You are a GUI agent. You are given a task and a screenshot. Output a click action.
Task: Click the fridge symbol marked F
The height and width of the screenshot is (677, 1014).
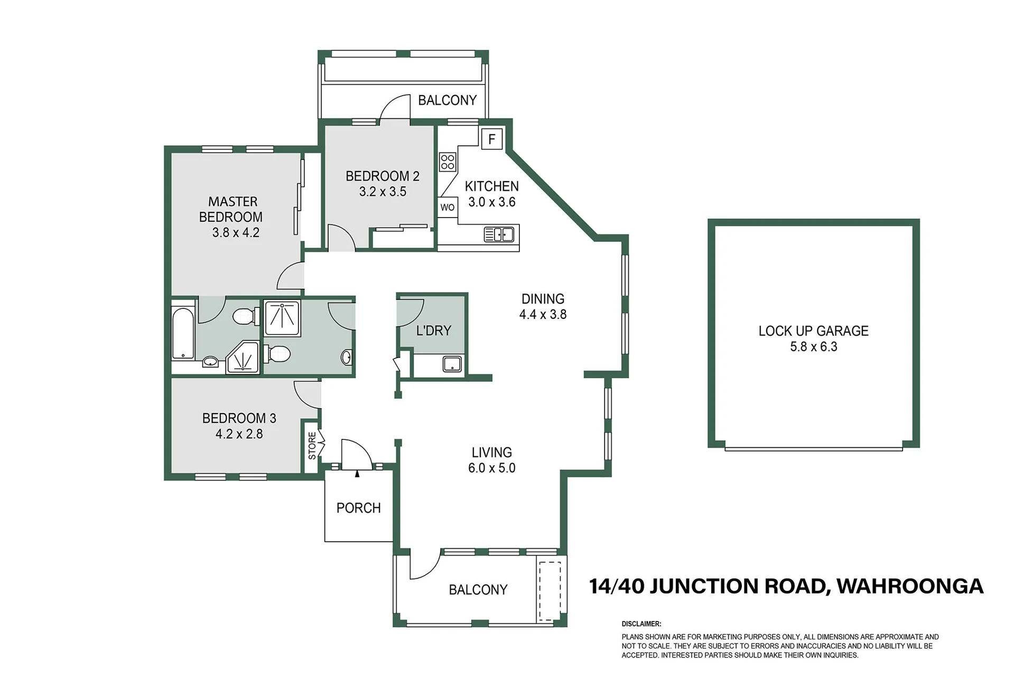pos(492,139)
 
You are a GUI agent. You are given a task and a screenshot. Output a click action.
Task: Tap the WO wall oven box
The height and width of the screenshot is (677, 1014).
pos(448,208)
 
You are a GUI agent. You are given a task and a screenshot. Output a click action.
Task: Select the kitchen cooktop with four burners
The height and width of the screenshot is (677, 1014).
pos(448,162)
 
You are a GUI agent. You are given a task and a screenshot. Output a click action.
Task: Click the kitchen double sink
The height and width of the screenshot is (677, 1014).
pos(499,234)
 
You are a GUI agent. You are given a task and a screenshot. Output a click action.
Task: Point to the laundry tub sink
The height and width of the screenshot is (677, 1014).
pos(452,364)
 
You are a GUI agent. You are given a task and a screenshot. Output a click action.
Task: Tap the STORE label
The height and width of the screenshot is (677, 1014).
pos(312,446)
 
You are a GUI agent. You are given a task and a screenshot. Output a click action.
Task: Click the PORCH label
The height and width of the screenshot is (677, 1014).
pos(359,508)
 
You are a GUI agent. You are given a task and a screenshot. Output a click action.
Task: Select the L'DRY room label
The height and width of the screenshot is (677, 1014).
pos(433,331)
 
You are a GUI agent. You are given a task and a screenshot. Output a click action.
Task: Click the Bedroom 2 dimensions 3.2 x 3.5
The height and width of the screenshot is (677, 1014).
pos(383,192)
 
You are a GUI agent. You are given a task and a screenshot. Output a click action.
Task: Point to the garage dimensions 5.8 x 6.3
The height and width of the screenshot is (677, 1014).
pos(814,347)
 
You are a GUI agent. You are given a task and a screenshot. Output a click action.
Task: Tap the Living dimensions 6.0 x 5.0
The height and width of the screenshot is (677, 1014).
pos(491,468)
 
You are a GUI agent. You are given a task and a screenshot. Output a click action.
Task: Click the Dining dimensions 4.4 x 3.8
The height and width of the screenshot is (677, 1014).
pos(543,314)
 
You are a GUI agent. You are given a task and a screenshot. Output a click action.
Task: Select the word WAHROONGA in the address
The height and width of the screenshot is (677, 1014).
pos(910,586)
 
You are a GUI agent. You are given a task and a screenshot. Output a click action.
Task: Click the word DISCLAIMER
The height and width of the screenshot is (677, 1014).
pos(641,624)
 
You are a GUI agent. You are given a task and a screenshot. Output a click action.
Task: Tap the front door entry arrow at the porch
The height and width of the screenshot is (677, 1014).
pos(357,474)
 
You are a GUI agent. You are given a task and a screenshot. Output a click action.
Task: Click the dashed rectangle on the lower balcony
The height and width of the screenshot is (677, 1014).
pos(550,591)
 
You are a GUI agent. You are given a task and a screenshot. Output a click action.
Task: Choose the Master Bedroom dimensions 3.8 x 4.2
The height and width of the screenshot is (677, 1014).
pos(236,233)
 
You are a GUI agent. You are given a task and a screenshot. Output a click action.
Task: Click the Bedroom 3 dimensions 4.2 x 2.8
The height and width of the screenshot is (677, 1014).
pos(239,434)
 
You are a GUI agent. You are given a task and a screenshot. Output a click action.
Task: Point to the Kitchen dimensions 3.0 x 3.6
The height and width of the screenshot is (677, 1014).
pos(491,202)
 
